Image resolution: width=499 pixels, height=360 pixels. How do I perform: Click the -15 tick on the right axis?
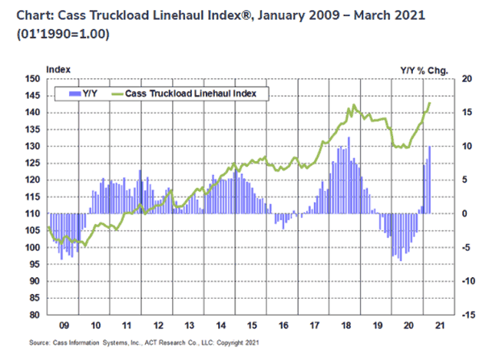[x=464, y=315]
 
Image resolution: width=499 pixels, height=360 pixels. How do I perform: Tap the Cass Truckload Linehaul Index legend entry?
[x=195, y=93]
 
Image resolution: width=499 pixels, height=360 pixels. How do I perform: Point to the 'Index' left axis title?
[x=58, y=70]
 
